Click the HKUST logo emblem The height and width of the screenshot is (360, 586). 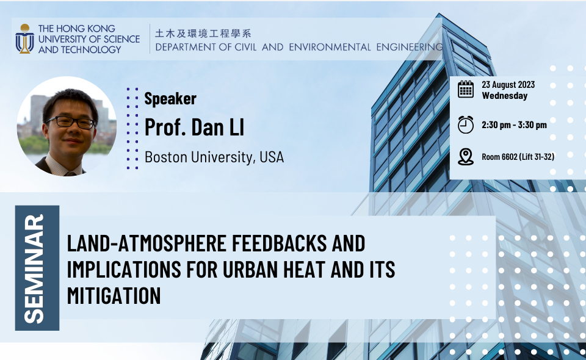pos(24,39)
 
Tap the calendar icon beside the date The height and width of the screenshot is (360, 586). pos(466,89)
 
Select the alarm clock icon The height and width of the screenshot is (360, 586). pos(466,124)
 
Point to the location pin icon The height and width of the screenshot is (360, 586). pos(466,157)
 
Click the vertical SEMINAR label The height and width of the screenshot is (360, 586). pos(34,268)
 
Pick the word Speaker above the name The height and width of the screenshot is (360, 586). pos(170,99)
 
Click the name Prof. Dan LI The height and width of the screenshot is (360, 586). pos(194,128)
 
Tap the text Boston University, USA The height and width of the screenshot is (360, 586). pos(214,157)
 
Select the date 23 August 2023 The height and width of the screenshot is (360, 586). pos(508,85)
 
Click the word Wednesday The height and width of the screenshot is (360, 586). pos(505,96)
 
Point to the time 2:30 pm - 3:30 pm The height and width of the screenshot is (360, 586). pos(514,124)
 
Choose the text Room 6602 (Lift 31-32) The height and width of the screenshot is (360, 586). pos(518,157)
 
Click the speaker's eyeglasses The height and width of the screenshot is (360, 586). pos(71,122)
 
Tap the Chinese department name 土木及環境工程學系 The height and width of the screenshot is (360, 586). pos(203,34)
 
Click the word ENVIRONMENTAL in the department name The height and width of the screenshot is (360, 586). pos(330,47)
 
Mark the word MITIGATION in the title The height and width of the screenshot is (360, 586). pos(114,296)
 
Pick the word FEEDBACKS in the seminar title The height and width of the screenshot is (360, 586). pos(279,243)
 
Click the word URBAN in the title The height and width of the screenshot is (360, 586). pos(250,270)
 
